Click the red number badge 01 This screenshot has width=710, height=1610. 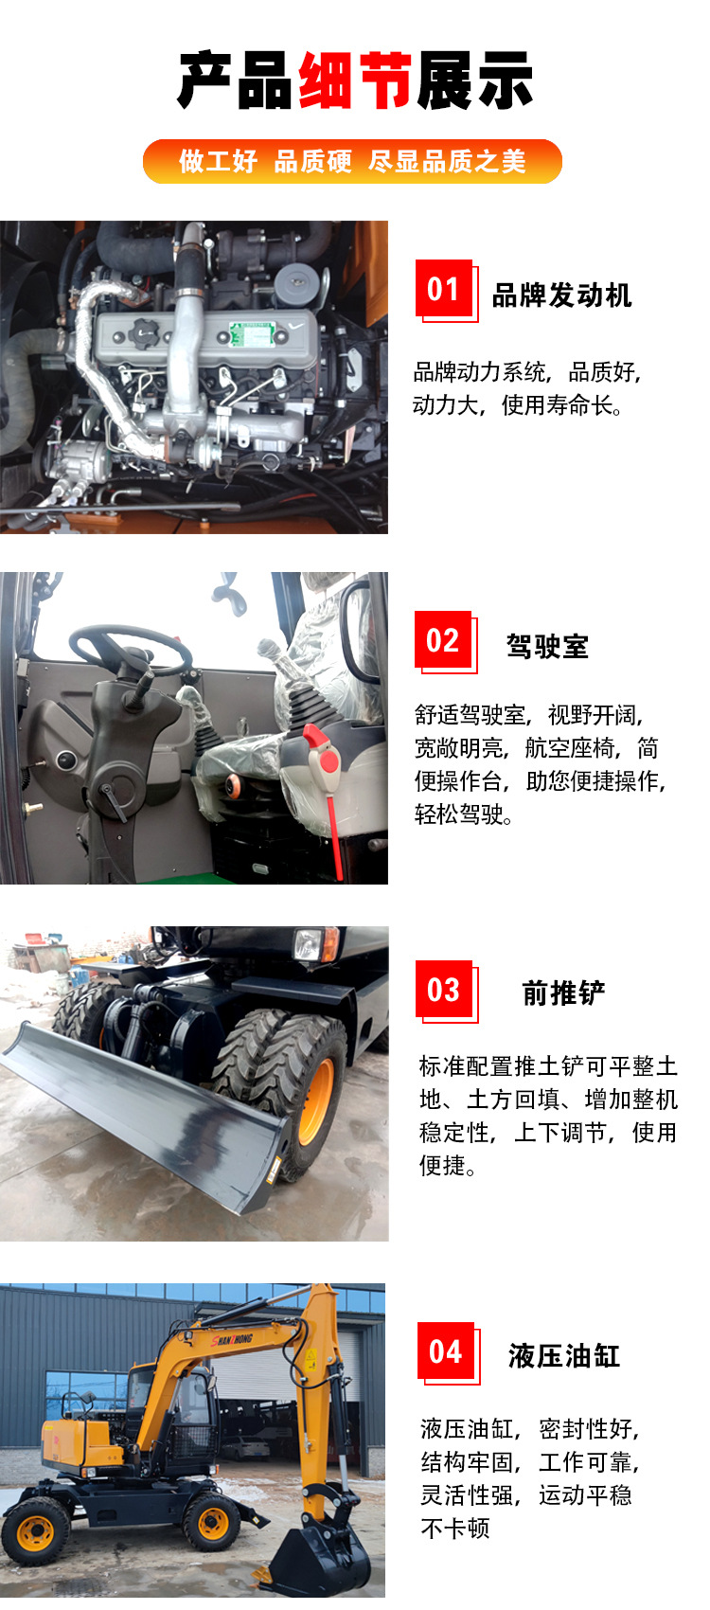click(x=444, y=289)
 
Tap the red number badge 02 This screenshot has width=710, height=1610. click(x=443, y=640)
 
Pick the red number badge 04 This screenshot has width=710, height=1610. click(x=445, y=1351)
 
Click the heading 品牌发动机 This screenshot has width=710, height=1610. click(x=561, y=295)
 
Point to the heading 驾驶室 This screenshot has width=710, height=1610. click(x=547, y=647)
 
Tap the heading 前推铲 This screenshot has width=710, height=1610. click(x=563, y=993)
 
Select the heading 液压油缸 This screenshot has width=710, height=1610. click(x=564, y=1355)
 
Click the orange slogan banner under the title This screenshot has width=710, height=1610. click(x=352, y=161)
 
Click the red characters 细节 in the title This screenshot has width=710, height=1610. click(x=355, y=81)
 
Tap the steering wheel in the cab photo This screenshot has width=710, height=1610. click(x=130, y=649)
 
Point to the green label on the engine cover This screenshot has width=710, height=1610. click(x=252, y=333)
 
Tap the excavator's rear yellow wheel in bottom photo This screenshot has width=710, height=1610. click(x=36, y=1529)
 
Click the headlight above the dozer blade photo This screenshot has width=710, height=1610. click(x=311, y=944)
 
